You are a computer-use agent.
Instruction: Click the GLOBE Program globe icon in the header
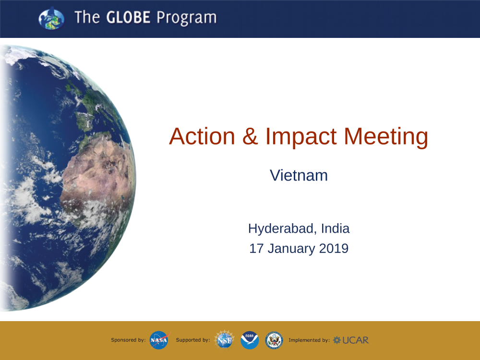pyautogui.click(x=51, y=18)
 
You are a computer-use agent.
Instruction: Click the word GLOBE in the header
pyautogui.click(x=128, y=17)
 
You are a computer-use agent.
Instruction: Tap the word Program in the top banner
pyautogui.click(x=186, y=18)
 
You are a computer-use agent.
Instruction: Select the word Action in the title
pyautogui.click(x=202, y=136)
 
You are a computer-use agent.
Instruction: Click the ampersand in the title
pyautogui.click(x=250, y=136)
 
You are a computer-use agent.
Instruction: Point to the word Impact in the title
pyautogui.click(x=301, y=137)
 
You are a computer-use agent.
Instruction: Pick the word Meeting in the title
pyautogui.click(x=386, y=137)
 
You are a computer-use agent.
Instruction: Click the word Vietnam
pyautogui.click(x=299, y=175)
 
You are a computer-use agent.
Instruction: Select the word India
pyautogui.click(x=335, y=228)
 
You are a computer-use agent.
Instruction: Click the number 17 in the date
pyautogui.click(x=256, y=249)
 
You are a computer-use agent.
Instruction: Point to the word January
pyautogui.click(x=291, y=249)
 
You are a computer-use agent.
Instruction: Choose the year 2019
pyautogui.click(x=334, y=249)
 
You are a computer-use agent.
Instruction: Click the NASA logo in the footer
pyautogui.click(x=159, y=340)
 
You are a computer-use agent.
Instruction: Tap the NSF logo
pyautogui.click(x=224, y=340)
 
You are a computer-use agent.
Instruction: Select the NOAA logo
pyautogui.click(x=250, y=340)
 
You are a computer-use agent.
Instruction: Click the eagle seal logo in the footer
pyautogui.click(x=274, y=340)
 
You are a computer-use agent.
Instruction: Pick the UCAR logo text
pyautogui.click(x=351, y=340)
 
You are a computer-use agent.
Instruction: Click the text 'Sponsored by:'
pyautogui.click(x=128, y=340)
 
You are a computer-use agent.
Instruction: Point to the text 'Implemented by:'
pyautogui.click(x=309, y=340)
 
